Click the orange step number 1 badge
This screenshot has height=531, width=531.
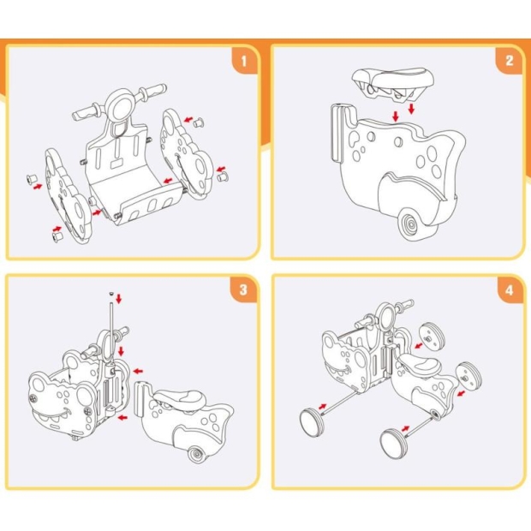pos(244,61)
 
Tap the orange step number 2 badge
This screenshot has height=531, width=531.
pos(510,61)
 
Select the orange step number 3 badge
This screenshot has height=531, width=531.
pos(243,290)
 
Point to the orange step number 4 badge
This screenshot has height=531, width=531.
pos(510,290)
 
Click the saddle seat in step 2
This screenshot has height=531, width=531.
pos(393,83)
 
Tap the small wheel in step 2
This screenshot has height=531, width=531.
pos(411,224)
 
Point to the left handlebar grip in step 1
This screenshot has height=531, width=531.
pos(86,111)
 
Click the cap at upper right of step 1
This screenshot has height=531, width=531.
pos(199,122)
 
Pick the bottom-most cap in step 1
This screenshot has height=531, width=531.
pos(57,236)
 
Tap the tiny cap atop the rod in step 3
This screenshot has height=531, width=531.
pos(111,294)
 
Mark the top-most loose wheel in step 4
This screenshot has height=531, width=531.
pos(432,334)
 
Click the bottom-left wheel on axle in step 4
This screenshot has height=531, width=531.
pos(311,422)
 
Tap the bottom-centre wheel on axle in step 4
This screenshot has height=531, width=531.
pos(393,444)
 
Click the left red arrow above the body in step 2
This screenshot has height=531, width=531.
pos(396,116)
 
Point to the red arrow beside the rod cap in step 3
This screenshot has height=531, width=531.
pos(118,299)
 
